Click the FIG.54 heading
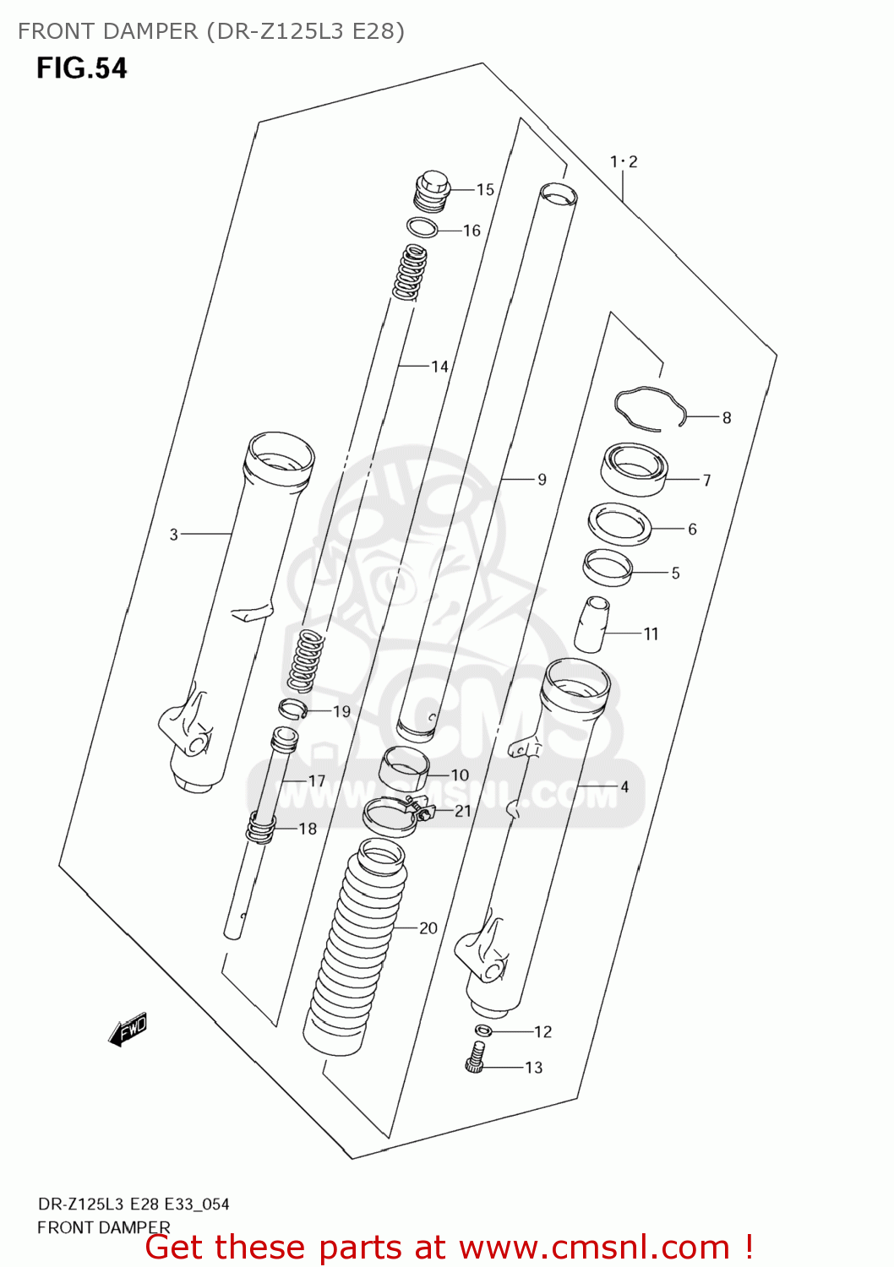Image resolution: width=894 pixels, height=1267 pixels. pos(81,68)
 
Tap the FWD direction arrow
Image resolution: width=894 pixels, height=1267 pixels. pos(128,1030)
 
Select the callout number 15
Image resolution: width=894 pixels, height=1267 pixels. pos(485,190)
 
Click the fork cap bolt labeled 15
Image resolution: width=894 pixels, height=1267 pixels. pos(432,191)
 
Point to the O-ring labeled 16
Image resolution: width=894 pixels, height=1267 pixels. pos(422,227)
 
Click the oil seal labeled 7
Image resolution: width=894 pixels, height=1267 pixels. pos(634,469)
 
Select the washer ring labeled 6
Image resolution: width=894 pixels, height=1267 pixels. pos(619,524)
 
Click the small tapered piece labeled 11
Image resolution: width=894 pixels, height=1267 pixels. pos(592,624)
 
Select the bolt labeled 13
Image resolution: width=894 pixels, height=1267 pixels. pos(476,1057)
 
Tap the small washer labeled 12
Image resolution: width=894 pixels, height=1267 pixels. pos(482,1030)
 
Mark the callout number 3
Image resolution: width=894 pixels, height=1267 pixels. pos(173,534)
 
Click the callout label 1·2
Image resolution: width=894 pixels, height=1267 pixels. pos(624,161)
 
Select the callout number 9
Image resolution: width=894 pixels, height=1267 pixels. pos(542,480)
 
